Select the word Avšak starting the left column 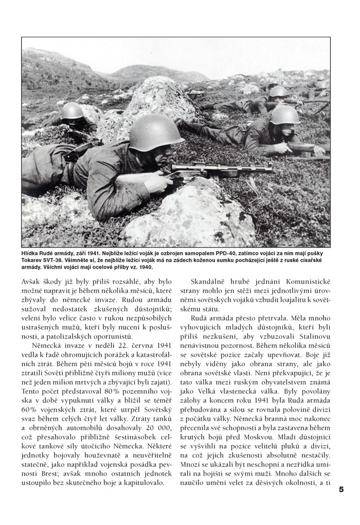(33, 282)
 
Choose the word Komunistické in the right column (310, 282)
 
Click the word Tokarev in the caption (32, 260)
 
